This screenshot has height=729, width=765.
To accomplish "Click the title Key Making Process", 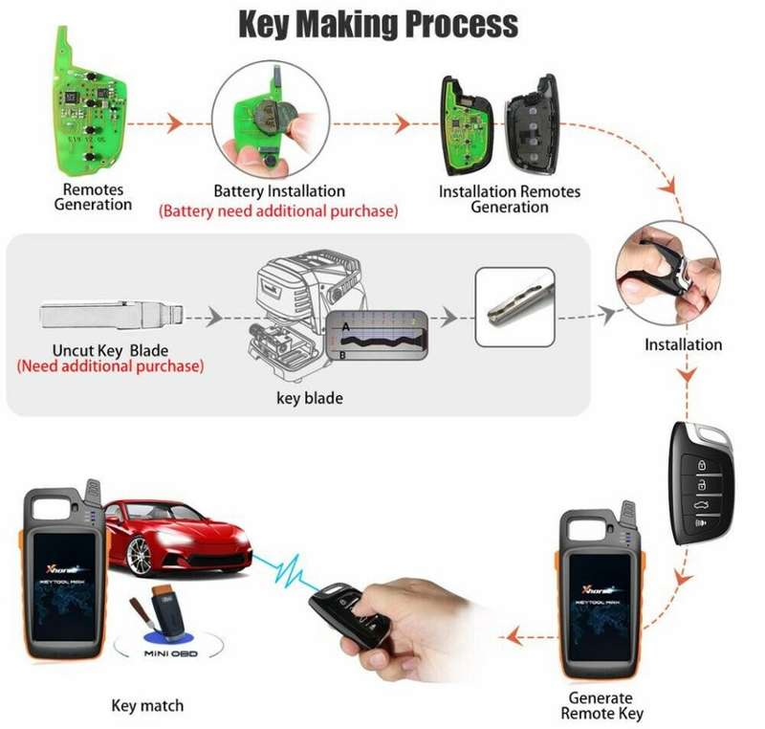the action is (378, 25).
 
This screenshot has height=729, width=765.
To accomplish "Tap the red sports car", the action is (177, 537).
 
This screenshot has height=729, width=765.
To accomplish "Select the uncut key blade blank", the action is (112, 316).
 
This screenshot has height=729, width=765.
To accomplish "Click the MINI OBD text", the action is (171, 653).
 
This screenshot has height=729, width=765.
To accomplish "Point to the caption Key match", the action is (147, 706).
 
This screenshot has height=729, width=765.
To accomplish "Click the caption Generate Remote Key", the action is (601, 706).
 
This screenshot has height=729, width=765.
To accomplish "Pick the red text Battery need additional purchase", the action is (278, 211).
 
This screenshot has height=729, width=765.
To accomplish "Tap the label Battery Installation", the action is (279, 190).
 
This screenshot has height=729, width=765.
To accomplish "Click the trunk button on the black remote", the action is (701, 504).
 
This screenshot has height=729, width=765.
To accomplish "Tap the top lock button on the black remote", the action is (701, 465).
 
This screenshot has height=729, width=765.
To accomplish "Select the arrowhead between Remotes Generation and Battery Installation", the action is (173, 123).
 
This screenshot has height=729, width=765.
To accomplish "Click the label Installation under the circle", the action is (683, 345).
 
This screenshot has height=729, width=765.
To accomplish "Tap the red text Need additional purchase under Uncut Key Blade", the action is (110, 366).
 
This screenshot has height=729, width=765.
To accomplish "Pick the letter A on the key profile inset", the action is (346, 326).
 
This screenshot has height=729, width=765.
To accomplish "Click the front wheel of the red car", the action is (139, 556).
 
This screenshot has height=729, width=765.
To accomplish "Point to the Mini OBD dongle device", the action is (166, 612).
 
